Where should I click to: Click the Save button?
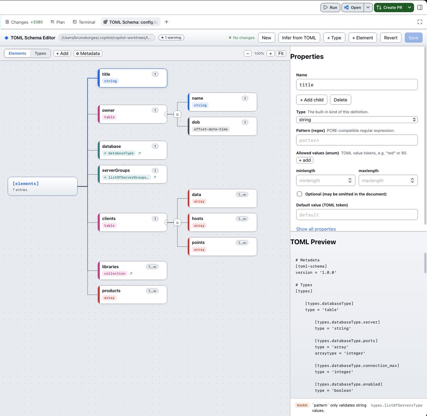(413, 38)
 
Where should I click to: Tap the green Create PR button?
(390, 7)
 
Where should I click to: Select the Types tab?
(40, 53)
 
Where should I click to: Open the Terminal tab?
(84, 22)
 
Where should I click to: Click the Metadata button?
(88, 53)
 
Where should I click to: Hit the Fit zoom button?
(281, 53)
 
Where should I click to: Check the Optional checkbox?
(299, 194)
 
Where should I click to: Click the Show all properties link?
(316, 229)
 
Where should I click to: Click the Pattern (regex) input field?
(357, 140)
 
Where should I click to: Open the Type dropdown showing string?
(357, 119)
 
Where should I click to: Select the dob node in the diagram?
(222, 126)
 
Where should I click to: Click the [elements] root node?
(43, 186)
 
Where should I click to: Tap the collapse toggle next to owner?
(177, 114)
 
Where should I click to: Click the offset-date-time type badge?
(211, 129)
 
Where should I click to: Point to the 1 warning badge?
(171, 37)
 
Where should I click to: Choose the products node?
(132, 294)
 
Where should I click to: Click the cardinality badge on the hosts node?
(242, 219)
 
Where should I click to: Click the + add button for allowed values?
(305, 160)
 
